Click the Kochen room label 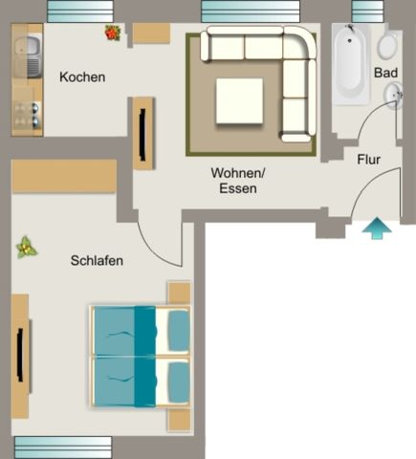pos(81,76)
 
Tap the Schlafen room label pos(97,260)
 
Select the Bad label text pos(385,73)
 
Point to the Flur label pos(368,160)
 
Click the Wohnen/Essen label pos(237,181)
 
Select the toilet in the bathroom pos(388,46)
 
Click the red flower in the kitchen pos(113,33)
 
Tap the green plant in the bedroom pos(26,248)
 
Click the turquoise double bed pos(139,355)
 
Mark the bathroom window pos(367,11)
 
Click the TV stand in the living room pos(143,134)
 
